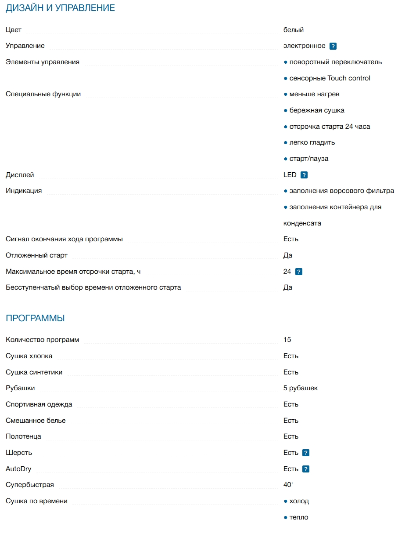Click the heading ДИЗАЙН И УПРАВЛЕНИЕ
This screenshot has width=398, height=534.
pyautogui.click(x=60, y=8)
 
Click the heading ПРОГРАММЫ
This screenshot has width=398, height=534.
pyautogui.click(x=35, y=318)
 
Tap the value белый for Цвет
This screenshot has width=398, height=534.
pyautogui.click(x=294, y=30)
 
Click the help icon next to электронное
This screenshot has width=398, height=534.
pyautogui.click(x=333, y=46)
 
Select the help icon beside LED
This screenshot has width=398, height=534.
pyautogui.click(x=304, y=175)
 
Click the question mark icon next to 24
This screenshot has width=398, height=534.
pyautogui.click(x=299, y=272)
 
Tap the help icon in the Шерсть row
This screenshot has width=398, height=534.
pyautogui.click(x=306, y=453)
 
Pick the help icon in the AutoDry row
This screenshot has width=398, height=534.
pyautogui.click(x=306, y=469)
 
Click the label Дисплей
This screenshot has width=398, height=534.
pyautogui.click(x=20, y=175)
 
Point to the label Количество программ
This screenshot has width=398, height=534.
pyautogui.click(x=43, y=340)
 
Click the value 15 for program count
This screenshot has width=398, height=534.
pyautogui.click(x=287, y=340)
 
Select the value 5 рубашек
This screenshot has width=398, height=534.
pyautogui.click(x=301, y=388)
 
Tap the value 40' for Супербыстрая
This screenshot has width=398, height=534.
pyautogui.click(x=288, y=485)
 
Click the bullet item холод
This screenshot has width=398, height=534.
pyautogui.click(x=299, y=501)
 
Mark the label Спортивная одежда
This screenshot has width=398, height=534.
pyautogui.click(x=39, y=404)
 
